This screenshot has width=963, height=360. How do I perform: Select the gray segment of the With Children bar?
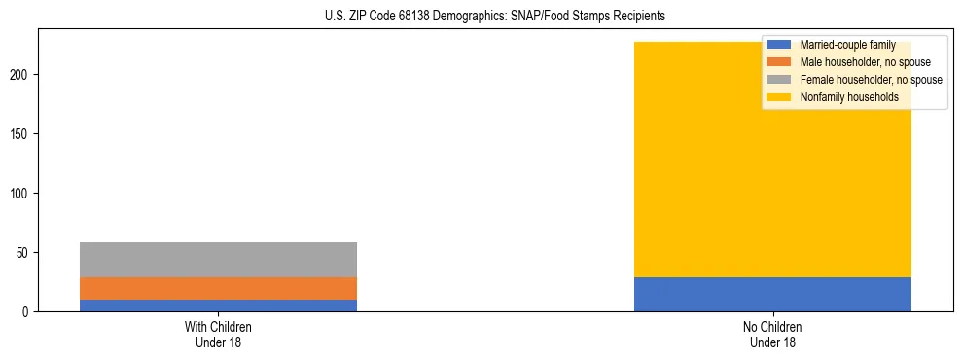[218, 260]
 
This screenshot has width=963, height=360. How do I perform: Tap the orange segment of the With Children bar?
[218, 288]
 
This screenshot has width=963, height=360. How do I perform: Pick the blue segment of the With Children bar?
[218, 306]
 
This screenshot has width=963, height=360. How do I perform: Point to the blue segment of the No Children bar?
[772, 295]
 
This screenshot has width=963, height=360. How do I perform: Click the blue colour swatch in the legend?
[779, 45]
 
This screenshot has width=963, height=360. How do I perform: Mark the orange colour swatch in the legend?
[779, 62]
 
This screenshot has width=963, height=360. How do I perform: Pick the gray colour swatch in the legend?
[779, 80]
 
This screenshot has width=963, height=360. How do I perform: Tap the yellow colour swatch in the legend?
[779, 97]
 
